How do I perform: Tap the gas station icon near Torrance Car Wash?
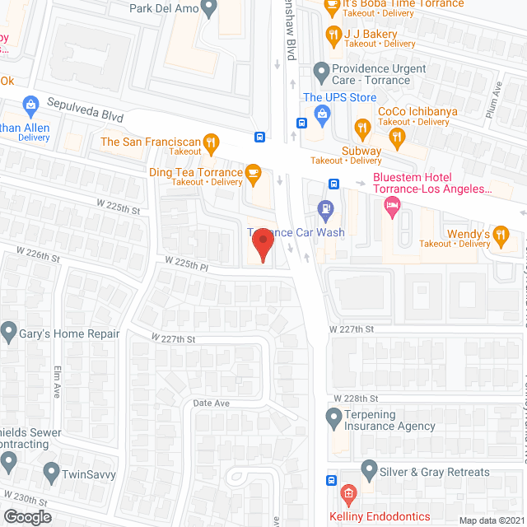[326, 208]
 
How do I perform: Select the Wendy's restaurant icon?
[501, 234]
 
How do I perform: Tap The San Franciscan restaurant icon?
[211, 142]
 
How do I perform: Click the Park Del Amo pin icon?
[208, 8]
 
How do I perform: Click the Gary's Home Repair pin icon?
[9, 333]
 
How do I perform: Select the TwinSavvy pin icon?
[51, 473]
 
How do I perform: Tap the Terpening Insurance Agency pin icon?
[333, 419]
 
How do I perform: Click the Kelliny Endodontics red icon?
[347, 495]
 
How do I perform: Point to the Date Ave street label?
[211, 403]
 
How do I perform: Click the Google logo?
[27, 517]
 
